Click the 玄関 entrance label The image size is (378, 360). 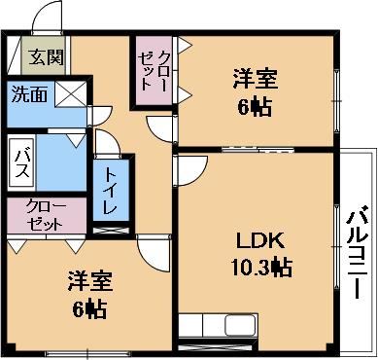46,57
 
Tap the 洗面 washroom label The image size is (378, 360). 29,94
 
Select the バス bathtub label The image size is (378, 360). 22,162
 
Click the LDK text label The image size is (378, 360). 261,240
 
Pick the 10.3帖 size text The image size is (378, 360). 261,267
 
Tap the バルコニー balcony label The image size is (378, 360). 358,252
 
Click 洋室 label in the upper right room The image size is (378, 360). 256,79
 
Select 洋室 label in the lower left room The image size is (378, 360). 90,281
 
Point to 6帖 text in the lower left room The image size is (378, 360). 89,309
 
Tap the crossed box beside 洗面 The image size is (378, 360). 71,94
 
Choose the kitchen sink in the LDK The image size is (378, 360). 241,325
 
